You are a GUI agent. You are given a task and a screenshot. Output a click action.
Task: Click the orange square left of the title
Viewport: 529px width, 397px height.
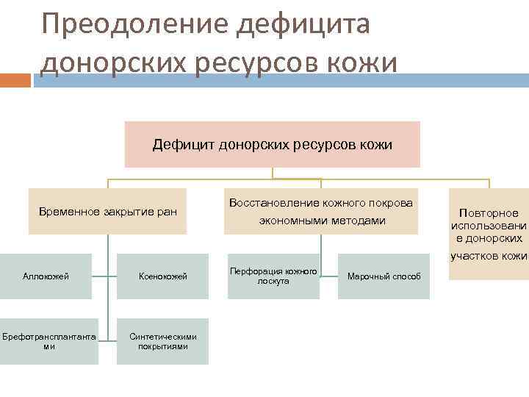[15, 80]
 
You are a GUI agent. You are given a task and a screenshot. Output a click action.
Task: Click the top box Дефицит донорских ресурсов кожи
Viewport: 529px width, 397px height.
[272, 145]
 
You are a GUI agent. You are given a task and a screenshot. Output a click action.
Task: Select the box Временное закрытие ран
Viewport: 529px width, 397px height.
[107, 212]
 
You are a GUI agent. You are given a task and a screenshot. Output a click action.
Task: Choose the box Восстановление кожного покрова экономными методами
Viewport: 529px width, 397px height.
[321, 212]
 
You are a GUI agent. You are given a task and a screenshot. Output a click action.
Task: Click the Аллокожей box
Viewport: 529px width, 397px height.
[46, 276]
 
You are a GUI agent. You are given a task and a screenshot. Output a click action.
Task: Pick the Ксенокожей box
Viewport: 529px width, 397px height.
[163, 276]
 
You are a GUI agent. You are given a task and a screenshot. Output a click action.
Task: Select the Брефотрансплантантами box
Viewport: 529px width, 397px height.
[48, 341]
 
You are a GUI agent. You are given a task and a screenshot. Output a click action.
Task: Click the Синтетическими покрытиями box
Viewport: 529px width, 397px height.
[163, 341]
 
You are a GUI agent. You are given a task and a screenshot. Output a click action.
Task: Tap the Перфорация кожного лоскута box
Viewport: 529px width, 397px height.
[273, 276]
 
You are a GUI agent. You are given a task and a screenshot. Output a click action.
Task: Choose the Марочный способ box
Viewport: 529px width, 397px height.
[384, 276]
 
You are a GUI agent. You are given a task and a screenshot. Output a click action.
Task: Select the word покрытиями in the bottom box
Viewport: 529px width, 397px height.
[163, 346]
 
